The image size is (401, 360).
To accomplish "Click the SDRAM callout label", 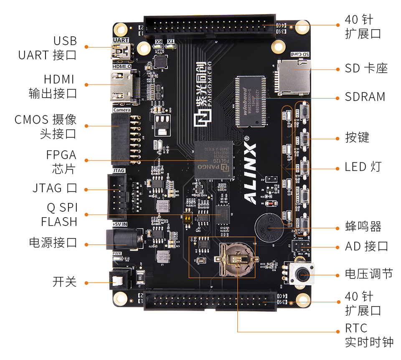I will click(x=365, y=97).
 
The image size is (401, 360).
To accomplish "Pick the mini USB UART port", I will click(x=120, y=52).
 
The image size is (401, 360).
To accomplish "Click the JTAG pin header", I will click(x=117, y=195).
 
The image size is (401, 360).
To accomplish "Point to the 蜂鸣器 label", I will click(x=363, y=227).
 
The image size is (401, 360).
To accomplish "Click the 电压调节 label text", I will click(x=369, y=274).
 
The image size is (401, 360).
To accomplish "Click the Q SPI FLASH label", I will click(x=59, y=214).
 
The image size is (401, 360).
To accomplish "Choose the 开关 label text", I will click(x=65, y=281).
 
